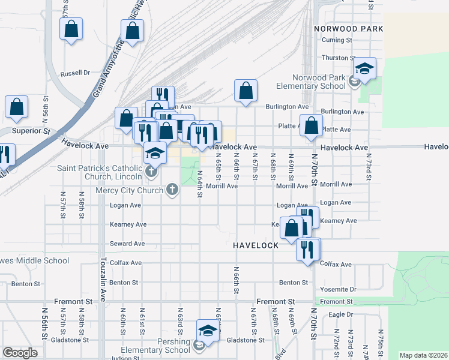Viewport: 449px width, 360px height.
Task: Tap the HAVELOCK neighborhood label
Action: [x=256, y=245]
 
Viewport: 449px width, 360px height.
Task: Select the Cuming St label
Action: [x=336, y=40]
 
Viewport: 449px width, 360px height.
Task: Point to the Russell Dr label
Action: [x=75, y=73]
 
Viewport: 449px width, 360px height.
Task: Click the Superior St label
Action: [x=30, y=130]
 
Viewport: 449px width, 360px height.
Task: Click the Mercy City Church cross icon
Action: [x=172, y=191]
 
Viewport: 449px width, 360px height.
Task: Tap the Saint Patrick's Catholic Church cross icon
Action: [x=151, y=173]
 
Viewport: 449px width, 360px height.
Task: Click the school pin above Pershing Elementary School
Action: [x=208, y=330]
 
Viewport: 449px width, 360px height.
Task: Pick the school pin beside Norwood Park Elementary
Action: [x=364, y=69]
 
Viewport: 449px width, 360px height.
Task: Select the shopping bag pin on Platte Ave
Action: [x=311, y=126]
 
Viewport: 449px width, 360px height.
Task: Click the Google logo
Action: [x=20, y=353]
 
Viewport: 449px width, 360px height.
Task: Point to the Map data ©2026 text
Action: [x=423, y=355]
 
